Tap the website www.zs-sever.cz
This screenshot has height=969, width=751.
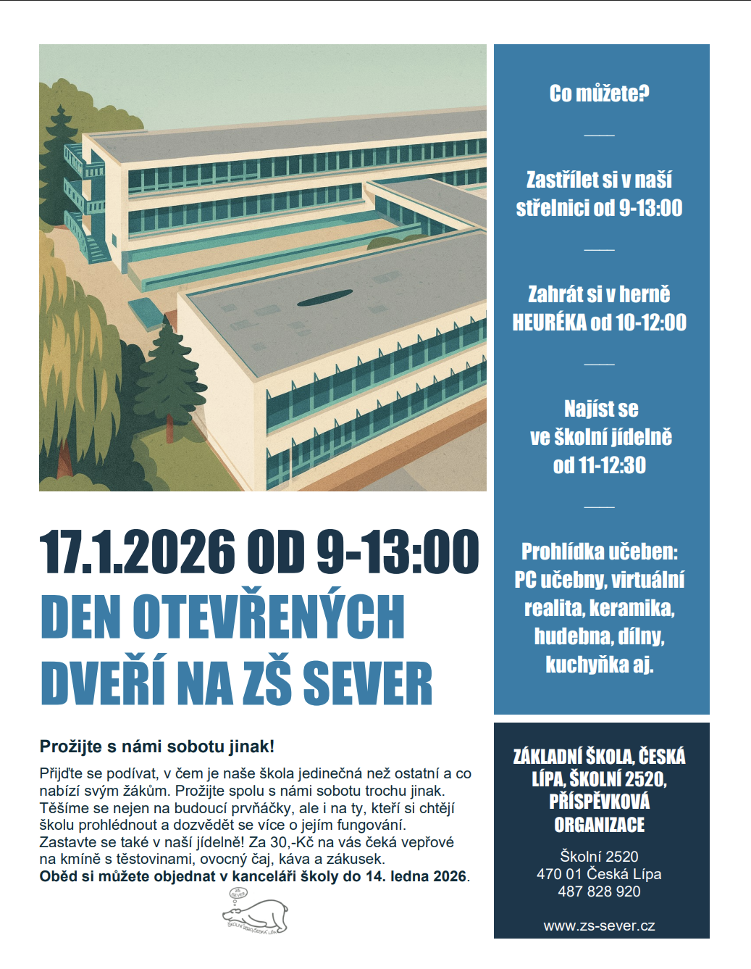(x=599, y=926)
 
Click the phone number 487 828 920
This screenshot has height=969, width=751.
(x=599, y=891)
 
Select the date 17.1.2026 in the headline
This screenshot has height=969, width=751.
(x=137, y=552)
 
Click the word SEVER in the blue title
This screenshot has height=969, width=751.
(x=367, y=683)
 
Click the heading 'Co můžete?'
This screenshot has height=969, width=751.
(x=599, y=93)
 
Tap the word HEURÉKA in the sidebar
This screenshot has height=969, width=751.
(x=549, y=323)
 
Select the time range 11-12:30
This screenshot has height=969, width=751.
(x=612, y=465)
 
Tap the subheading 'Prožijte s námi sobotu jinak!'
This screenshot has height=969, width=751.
(x=157, y=746)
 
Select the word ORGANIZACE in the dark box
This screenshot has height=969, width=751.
(x=599, y=825)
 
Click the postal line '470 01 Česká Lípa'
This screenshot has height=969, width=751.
(x=599, y=874)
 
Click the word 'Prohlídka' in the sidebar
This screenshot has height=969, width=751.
(x=562, y=552)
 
